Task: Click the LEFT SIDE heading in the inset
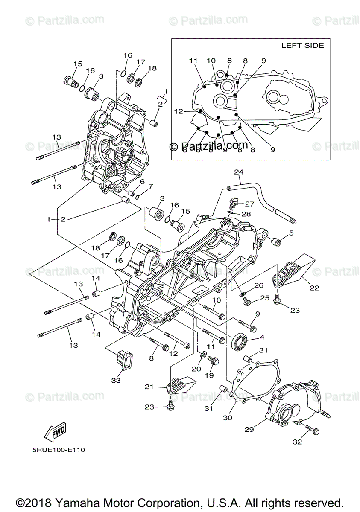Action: point(302,46)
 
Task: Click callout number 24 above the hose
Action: point(238,172)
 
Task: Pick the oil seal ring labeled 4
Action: point(239,342)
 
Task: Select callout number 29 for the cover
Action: point(249,429)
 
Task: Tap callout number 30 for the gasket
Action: point(228,418)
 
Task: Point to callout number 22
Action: point(314,288)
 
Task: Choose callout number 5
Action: point(291,233)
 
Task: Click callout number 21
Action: point(149,387)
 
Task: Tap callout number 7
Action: point(150,186)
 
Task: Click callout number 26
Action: point(258,285)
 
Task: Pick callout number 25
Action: point(265,298)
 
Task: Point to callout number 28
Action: point(247,214)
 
